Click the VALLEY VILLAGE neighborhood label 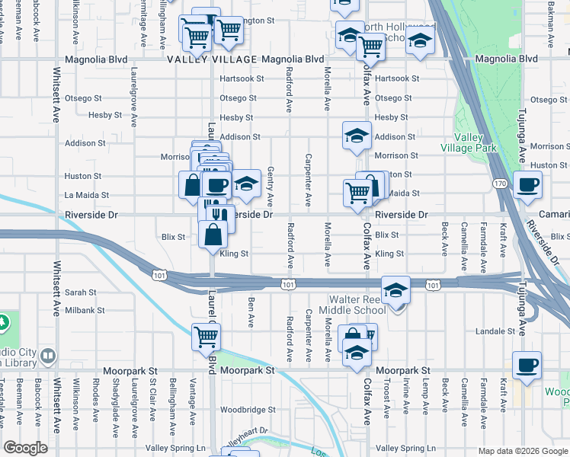(213, 59)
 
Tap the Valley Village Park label (469, 142)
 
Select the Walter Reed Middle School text (357, 305)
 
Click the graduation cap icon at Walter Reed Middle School (395, 290)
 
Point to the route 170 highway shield (499, 184)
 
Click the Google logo (25, 448)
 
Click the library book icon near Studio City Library (47, 356)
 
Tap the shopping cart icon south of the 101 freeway (207, 336)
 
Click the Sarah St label (80, 292)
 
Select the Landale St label (495, 331)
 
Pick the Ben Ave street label (251, 312)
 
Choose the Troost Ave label (386, 399)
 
